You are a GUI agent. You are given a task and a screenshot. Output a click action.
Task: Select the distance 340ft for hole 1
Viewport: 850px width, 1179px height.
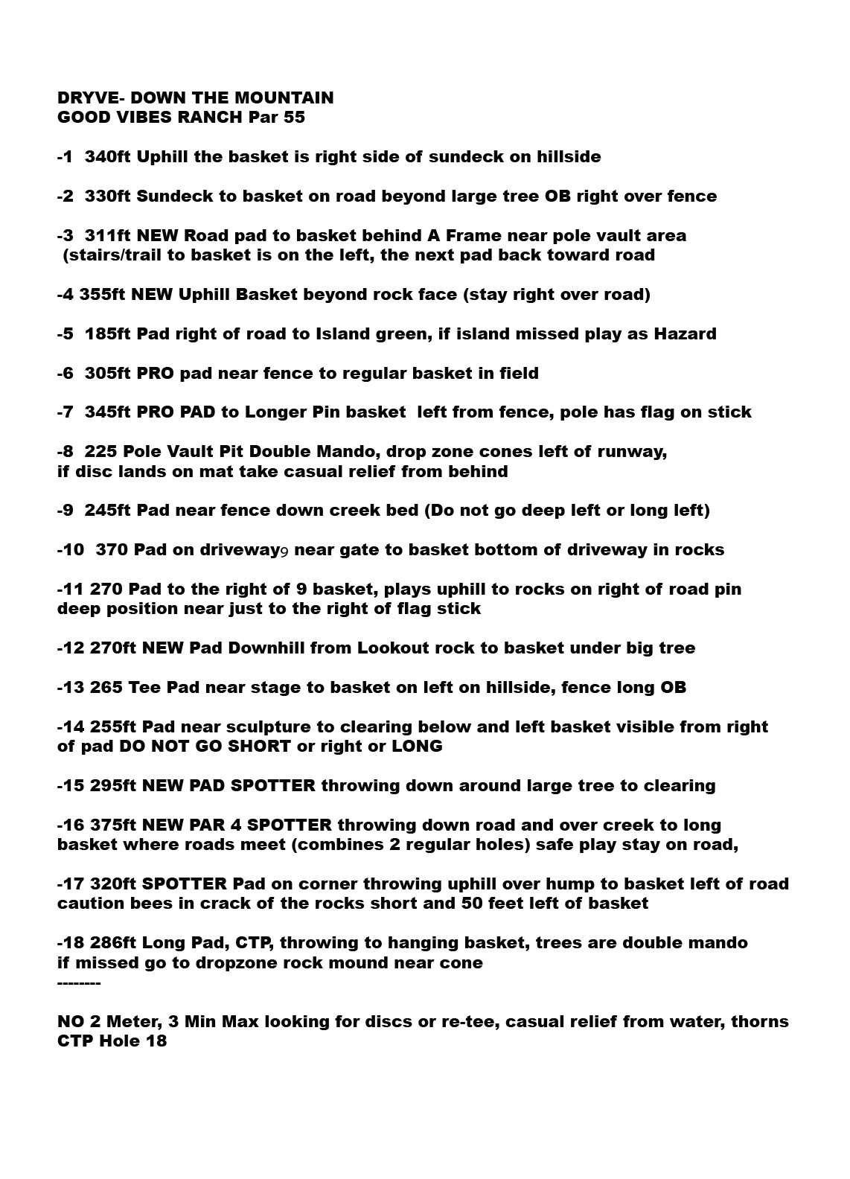[108, 157]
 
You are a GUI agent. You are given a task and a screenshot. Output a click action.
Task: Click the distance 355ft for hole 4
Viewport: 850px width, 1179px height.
[102, 295]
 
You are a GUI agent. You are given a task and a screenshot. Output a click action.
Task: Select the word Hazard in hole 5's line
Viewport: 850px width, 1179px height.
[685, 334]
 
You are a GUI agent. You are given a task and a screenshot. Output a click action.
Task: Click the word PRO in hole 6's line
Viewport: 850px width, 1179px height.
[154, 374]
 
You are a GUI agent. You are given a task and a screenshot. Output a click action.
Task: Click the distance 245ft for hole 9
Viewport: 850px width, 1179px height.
[108, 511]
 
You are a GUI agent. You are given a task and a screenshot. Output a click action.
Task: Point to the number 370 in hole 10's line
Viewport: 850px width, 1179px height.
[112, 550]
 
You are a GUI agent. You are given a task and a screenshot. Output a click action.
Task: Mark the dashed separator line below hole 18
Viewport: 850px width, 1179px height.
[79, 983]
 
